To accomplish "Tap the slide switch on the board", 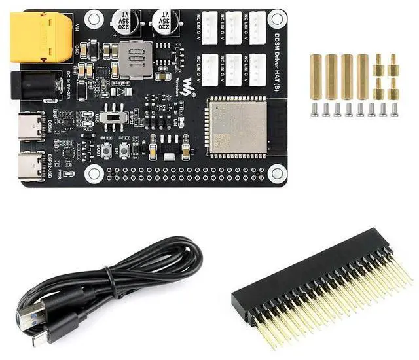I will [x=117, y=119].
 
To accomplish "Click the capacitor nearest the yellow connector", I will [x=124, y=22].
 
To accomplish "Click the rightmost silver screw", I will [x=394, y=109].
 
